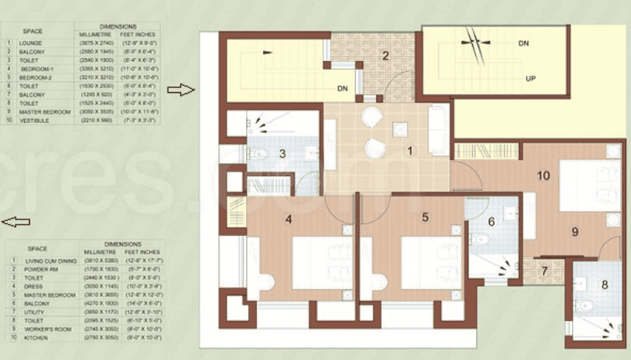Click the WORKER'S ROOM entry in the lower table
pos(44,330)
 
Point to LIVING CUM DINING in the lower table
pos(48,261)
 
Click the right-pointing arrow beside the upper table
pos(181,90)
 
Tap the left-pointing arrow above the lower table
pos(16,221)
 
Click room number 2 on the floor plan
pos(385,56)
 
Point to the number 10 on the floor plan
pos(543,175)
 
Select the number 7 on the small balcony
pos(544,271)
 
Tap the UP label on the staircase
pos(530,79)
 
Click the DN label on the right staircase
pos(523,43)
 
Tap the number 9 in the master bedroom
pos(575,231)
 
